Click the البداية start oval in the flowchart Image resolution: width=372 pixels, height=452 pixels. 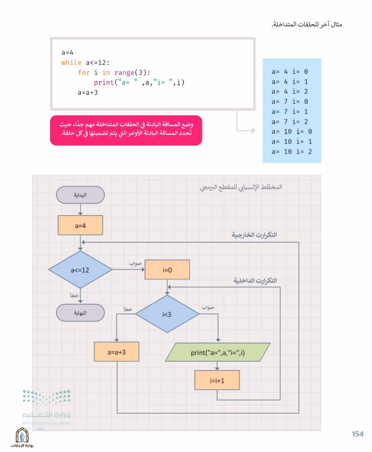point(80,195)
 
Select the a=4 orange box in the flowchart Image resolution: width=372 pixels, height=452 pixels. point(80,225)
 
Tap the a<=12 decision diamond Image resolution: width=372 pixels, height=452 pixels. point(80,269)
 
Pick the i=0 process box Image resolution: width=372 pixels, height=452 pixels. point(167,269)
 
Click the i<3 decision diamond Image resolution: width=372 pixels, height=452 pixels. point(167,314)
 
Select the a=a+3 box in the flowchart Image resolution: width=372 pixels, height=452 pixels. point(117,352)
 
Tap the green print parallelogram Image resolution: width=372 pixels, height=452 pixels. point(218,352)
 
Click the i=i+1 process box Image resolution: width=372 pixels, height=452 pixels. point(217,380)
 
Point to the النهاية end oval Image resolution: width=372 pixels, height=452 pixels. point(80,313)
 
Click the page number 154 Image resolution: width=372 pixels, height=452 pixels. point(358,434)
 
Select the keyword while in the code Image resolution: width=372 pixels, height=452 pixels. point(71,63)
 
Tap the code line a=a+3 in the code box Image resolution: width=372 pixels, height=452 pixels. point(87,93)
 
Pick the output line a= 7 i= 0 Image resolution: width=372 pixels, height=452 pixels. point(290,102)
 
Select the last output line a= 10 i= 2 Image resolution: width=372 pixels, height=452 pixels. point(292,152)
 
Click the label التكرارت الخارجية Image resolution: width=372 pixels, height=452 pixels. point(254,235)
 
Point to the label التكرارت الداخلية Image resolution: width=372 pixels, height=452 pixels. point(255,281)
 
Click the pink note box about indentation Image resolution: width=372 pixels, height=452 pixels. point(126,130)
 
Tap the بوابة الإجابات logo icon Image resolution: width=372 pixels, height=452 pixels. point(22,435)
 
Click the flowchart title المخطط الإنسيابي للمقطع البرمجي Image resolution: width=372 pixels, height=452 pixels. point(241,187)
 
